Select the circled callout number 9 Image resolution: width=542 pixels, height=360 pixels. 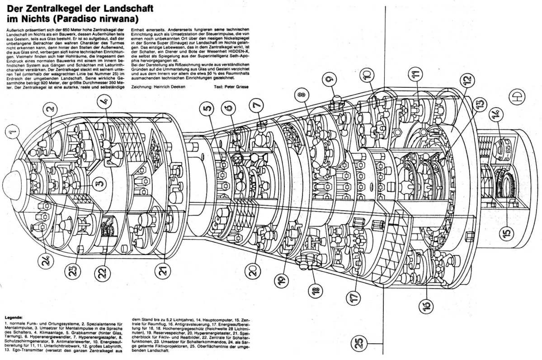pos(330,80)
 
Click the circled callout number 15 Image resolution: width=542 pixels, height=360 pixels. pos(507,233)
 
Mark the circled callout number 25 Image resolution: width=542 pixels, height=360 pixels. pos(358,344)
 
